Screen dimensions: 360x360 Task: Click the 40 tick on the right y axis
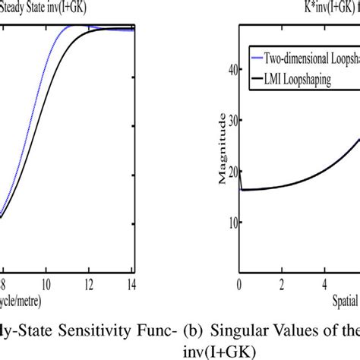pos(226,68)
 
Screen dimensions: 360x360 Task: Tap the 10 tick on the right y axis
pos(226,222)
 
